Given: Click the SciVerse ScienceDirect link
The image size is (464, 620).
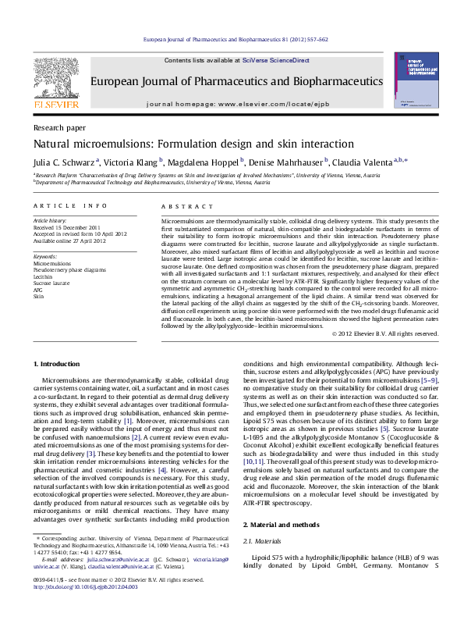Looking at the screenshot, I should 275,60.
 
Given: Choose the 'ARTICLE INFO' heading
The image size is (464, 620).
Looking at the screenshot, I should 70,205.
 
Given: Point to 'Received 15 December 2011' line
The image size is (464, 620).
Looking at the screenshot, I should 69,227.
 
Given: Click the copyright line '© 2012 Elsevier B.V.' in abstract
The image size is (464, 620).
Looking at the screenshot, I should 374,333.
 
